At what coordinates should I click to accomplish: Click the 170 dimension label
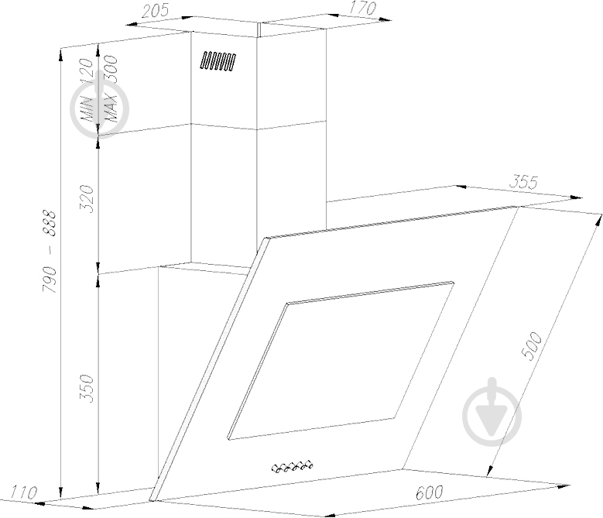point(361,9)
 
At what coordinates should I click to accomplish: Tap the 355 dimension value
point(524,183)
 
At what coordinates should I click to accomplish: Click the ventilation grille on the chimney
point(218,62)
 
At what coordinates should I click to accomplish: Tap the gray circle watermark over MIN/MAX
point(99,108)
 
